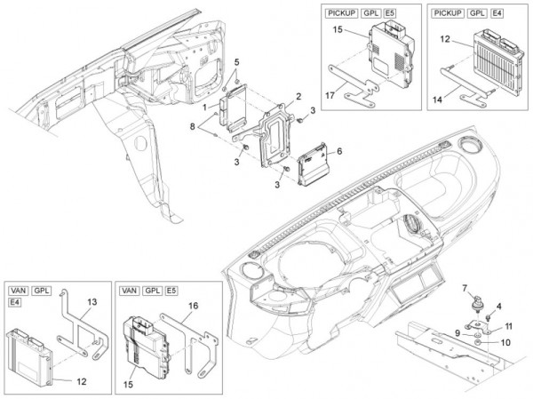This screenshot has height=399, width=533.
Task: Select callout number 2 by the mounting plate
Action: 298,96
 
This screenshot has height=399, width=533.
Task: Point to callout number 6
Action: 339,152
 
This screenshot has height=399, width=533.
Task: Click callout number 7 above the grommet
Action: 464,286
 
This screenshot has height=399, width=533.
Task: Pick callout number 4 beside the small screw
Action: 498,307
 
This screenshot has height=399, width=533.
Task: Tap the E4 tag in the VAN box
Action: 15,303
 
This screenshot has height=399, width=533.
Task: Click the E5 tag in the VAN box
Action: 171,291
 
